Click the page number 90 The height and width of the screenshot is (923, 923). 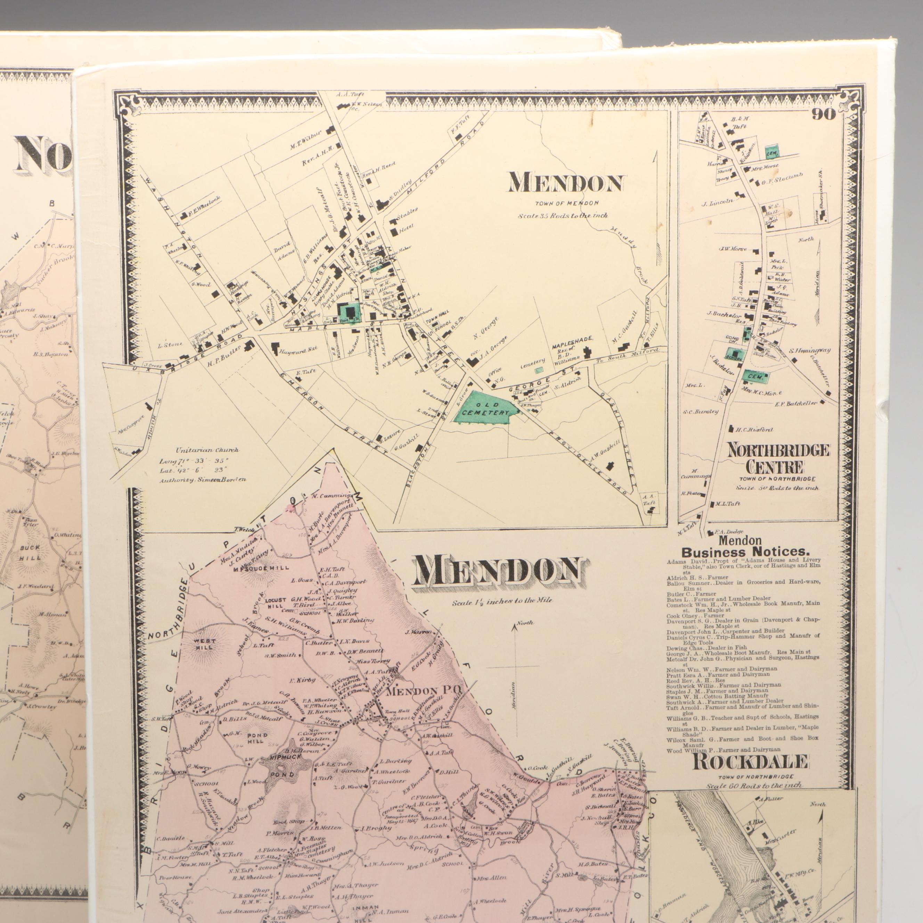[823, 115]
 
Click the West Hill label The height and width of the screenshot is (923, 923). [204, 645]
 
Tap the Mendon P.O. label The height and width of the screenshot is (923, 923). [423, 691]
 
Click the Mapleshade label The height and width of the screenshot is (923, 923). [572, 339]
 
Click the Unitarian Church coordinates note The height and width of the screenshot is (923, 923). [203, 465]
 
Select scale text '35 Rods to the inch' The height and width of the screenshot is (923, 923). [563, 215]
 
